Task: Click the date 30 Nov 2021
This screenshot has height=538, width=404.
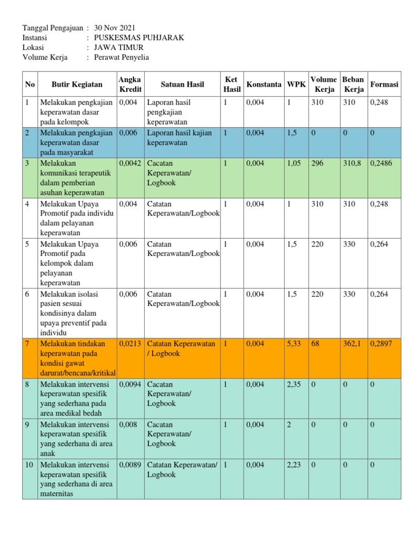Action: pyautogui.click(x=115, y=28)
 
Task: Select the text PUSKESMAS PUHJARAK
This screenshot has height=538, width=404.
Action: pyautogui.click(x=139, y=38)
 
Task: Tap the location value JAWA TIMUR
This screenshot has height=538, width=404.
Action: pyautogui.click(x=118, y=48)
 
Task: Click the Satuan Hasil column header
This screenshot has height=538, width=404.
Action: pyautogui.click(x=182, y=85)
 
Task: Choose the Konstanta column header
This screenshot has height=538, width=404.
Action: pyautogui.click(x=264, y=85)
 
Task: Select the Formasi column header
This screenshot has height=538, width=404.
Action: pyautogui.click(x=384, y=85)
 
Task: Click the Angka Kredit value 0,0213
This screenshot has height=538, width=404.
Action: pyautogui.click(x=130, y=344)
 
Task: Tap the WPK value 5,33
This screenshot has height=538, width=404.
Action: pyautogui.click(x=295, y=344)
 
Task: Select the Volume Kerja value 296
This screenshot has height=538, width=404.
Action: pyautogui.click(x=317, y=164)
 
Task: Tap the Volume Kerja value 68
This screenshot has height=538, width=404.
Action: pyautogui.click(x=315, y=344)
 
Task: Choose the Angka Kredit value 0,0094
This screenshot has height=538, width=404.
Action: pyautogui.click(x=130, y=385)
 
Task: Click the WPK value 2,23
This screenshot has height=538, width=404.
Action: pyautogui.click(x=295, y=465)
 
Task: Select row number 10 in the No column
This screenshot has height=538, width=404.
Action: pyautogui.click(x=29, y=465)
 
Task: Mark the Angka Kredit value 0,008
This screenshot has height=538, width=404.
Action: pyautogui.click(x=128, y=425)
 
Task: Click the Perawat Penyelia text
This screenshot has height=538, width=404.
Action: pyautogui.click(x=121, y=58)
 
